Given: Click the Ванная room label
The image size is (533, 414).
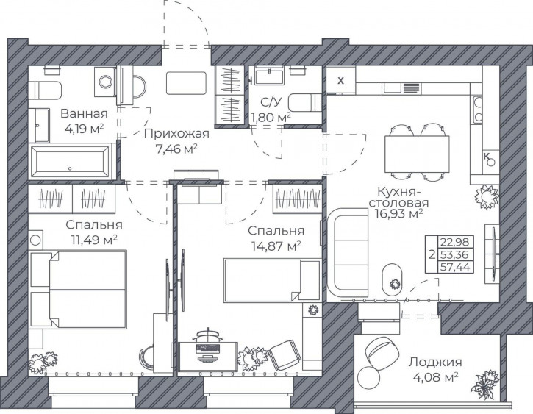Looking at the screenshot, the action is (84, 113).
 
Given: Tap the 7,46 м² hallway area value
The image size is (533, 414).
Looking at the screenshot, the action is (176, 149).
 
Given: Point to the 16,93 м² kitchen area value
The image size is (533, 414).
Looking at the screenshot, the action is (399, 214).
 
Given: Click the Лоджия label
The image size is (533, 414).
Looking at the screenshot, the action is (435, 363).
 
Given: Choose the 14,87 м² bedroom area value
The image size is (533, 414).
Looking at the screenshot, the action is (276, 246).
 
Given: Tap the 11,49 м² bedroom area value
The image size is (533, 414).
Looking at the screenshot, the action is (94, 240).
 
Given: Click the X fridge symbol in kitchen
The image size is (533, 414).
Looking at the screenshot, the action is (340, 81).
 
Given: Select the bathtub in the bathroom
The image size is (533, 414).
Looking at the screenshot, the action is (72, 161).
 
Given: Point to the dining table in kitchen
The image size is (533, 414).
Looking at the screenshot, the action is (417, 154).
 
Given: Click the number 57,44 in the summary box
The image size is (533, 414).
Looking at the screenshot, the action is (455, 267).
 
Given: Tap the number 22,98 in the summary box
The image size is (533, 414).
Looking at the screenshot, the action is (455, 243).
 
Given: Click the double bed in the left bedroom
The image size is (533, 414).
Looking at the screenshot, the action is (78, 290).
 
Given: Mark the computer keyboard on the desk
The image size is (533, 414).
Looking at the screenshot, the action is (207, 348).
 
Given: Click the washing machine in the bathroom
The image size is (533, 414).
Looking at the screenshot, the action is (105, 82).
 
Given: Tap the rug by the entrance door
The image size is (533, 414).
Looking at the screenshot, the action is (186, 83).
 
